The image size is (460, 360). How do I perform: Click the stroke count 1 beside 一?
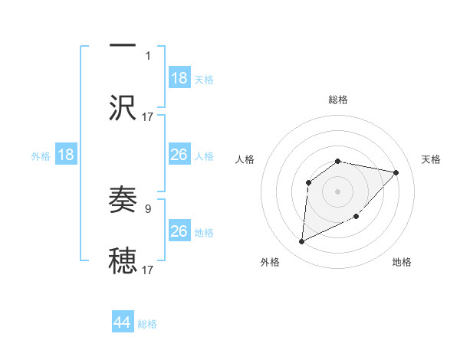[148, 56]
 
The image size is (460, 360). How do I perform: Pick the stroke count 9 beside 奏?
[148, 208]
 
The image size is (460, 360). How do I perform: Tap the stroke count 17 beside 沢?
[148, 116]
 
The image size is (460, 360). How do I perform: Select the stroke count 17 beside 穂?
[148, 270]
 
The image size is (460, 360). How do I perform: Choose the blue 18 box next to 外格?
[66, 155]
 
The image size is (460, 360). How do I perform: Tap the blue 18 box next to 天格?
[179, 78]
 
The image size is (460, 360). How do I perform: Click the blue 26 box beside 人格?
[179, 155]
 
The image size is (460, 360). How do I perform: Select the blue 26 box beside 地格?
[179, 231]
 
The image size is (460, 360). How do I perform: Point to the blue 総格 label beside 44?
[147, 324]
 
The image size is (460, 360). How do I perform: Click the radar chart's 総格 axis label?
[338, 100]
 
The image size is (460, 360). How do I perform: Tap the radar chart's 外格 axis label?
[269, 262]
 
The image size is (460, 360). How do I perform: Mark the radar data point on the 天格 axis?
[396, 172]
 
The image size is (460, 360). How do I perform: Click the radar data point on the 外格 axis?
[301, 242]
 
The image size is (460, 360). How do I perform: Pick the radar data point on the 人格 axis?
[308, 182]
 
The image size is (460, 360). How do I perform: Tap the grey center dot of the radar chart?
[338, 191]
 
